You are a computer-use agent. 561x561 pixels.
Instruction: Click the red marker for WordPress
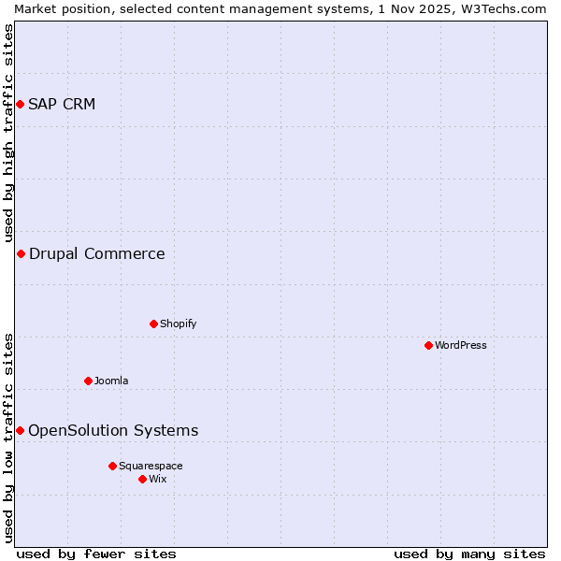point(428,345)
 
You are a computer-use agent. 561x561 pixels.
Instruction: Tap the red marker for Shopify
point(153,324)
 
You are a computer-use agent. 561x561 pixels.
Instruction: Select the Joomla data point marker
point(88,381)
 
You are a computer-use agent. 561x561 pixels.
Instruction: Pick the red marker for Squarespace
point(112,466)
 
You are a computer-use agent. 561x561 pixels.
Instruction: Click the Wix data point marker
point(142,479)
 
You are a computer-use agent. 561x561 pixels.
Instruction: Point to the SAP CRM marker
point(20,104)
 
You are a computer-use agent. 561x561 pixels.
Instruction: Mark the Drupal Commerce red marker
point(21,253)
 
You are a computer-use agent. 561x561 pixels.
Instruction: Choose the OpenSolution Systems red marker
point(20,430)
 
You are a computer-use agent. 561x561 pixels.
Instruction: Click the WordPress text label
point(461,345)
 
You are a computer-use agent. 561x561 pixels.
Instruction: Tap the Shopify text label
point(178,324)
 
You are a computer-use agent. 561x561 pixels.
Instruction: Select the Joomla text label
point(111,381)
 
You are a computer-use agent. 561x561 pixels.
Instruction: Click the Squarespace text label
point(151,466)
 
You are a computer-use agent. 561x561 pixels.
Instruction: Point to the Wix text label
point(158,479)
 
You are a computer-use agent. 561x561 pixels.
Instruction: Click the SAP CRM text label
point(62,104)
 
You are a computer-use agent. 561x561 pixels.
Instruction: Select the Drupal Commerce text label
point(97,253)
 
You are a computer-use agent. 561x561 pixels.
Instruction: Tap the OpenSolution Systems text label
point(113,430)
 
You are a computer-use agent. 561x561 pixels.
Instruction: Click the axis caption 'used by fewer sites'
point(96,554)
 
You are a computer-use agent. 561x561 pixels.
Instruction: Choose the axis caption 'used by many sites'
point(469,554)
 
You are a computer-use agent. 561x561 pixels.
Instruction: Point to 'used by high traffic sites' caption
point(8,133)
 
